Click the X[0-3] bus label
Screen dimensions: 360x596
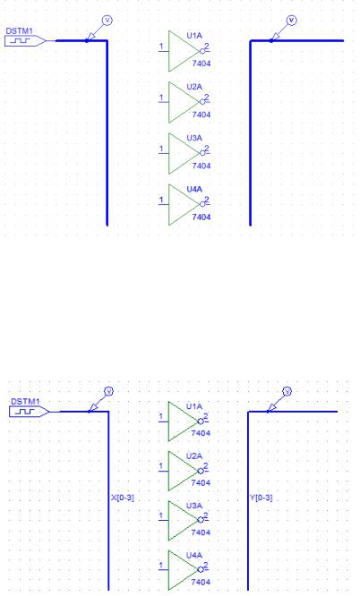coord(123,498)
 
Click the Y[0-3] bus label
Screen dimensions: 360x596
coord(261,498)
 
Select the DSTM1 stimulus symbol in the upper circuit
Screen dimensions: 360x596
coord(25,40)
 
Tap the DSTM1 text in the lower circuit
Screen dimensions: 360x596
coord(25,402)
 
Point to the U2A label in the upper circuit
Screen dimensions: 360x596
coord(194,87)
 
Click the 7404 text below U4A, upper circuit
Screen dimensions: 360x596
coord(201,217)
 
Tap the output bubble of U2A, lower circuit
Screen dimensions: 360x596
coord(201,471)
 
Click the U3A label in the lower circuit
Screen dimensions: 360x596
coord(194,506)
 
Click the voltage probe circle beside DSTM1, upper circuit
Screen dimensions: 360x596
coord(107,21)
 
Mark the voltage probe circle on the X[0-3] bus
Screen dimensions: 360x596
coord(109,391)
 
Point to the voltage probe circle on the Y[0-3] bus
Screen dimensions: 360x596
coord(287,391)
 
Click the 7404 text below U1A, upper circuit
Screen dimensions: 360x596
coord(201,64)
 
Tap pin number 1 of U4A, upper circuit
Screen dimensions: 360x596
coord(161,200)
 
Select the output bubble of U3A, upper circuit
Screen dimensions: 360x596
coord(202,153)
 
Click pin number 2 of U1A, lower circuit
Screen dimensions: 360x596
coord(206,417)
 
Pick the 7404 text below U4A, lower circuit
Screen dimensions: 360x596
coord(201,582)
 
